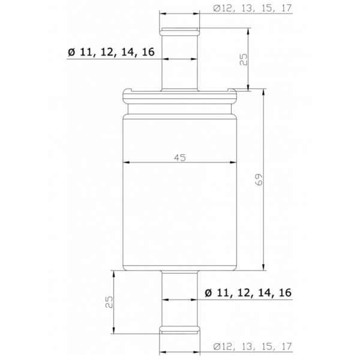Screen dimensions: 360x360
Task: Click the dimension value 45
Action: pos(179,157)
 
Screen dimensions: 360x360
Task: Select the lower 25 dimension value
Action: pos(109,301)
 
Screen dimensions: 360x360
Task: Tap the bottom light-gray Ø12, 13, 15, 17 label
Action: pos(251,347)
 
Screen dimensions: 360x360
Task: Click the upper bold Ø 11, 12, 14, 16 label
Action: pos(112,53)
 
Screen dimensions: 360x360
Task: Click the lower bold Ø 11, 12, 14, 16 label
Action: pos(247,293)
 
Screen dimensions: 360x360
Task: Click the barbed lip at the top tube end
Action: pos(180,32)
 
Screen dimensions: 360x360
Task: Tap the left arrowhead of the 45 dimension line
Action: pos(125,163)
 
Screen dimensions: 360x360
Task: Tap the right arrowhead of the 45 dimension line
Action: pos(235,163)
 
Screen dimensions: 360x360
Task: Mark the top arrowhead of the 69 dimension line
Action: pos(265,91)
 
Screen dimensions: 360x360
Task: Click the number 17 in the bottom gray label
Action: pos(284,347)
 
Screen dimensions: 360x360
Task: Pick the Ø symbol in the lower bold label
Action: pos(208,293)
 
